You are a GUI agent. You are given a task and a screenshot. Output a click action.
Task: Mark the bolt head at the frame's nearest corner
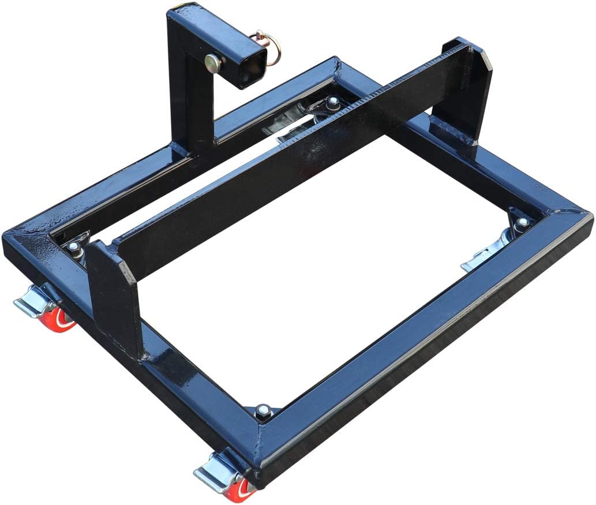[263, 410]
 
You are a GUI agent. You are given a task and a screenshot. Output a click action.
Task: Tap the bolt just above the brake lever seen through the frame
[523, 222]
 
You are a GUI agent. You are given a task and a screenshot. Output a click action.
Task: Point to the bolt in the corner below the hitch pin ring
[333, 103]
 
